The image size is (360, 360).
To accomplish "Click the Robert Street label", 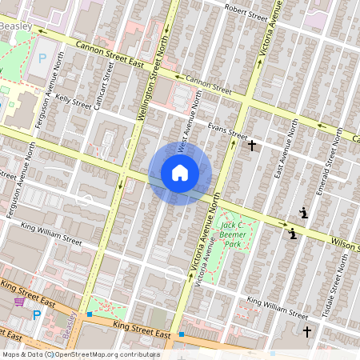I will pos(246,12).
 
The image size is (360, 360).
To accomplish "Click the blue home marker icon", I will pos(180,173).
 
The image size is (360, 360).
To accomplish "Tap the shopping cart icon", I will pos(20,302).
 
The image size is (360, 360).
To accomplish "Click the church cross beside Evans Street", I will pos(252,146).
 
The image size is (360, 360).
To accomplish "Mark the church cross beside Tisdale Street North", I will pos(307,330).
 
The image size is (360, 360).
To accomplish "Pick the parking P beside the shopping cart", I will pos(37,314).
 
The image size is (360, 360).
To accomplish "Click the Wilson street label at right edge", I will pos(346,244).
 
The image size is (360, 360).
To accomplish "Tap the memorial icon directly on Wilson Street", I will pos(294,233).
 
